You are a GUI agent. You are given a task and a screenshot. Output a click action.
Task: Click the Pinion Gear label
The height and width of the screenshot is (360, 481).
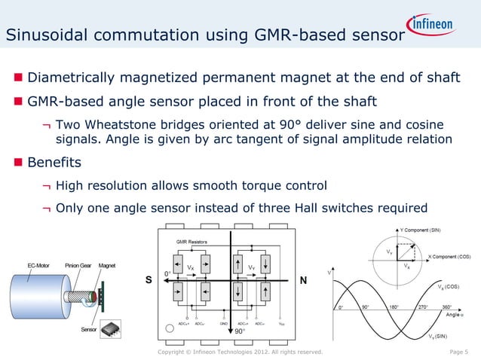click(x=78, y=266)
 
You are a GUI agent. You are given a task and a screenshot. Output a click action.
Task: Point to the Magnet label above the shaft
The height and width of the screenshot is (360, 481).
click(x=107, y=266)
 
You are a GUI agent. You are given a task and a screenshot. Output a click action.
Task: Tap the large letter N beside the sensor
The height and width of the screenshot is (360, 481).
click(x=303, y=281)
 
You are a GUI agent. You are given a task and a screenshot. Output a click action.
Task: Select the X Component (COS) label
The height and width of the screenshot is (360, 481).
click(x=450, y=257)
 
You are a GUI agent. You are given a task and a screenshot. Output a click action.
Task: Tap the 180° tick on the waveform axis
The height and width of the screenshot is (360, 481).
click(x=393, y=307)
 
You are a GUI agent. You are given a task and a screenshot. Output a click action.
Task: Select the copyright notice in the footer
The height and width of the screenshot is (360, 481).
click(x=240, y=352)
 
